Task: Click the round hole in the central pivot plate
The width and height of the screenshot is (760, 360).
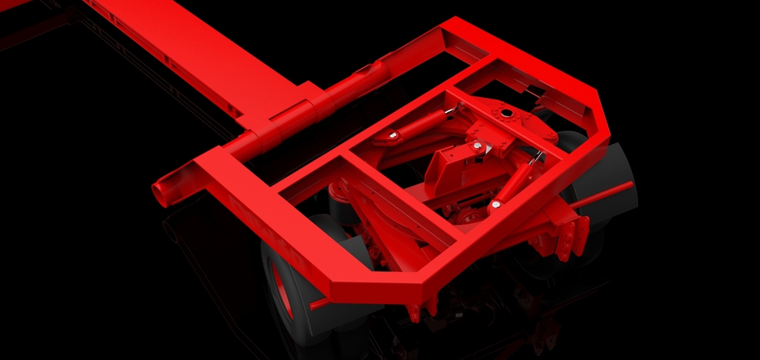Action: pyautogui.click(x=504, y=113)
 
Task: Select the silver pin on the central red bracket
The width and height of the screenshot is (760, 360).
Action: pyautogui.click(x=477, y=146)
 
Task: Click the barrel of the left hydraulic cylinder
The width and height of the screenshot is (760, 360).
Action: pyautogui.click(x=420, y=123)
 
